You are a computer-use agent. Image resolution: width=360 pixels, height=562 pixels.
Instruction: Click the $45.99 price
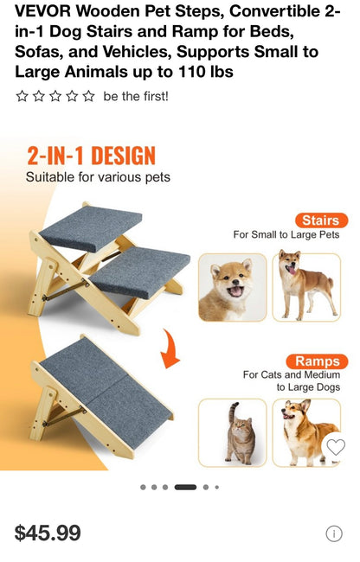pyautogui.click(x=48, y=533)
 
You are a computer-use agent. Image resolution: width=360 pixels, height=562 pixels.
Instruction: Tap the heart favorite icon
pyautogui.click(x=336, y=447)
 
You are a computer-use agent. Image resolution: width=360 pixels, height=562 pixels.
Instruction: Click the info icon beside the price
pyautogui.click(x=334, y=533)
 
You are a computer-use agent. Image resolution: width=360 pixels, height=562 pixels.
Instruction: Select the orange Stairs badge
pyautogui.click(x=320, y=220)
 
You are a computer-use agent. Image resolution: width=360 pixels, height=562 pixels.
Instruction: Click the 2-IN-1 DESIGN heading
pyautogui.click(x=91, y=156)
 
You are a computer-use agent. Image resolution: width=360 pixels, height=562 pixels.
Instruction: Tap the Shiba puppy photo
pyautogui.click(x=232, y=287)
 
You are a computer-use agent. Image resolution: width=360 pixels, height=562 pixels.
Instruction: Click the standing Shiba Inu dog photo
pyautogui.click(x=306, y=287)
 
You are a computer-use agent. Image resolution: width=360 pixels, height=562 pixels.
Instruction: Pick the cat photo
pyautogui.click(x=232, y=431)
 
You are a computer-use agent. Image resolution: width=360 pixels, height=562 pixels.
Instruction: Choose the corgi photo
pyautogui.click(x=303, y=431)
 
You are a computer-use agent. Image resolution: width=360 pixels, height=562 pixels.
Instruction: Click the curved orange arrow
pyautogui.click(x=170, y=346)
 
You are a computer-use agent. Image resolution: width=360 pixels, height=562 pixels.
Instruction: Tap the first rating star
pyautogui.click(x=22, y=96)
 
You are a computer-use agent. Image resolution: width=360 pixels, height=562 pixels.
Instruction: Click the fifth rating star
pyautogui.click(x=88, y=96)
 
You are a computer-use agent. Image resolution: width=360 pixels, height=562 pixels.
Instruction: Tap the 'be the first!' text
pyautogui.click(x=136, y=96)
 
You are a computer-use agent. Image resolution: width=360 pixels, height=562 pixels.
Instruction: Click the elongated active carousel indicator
pyautogui.click(x=185, y=487)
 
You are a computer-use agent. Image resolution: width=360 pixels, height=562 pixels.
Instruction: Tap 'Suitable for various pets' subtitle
pyautogui.click(x=98, y=177)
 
